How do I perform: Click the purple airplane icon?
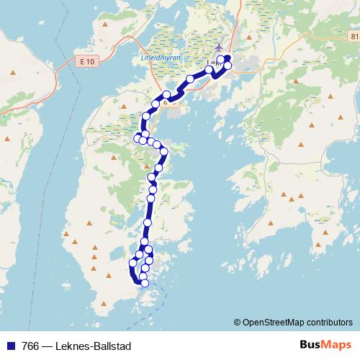219,48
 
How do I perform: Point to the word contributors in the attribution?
330,323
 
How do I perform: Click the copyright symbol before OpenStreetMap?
237,323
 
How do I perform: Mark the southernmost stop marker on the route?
145,283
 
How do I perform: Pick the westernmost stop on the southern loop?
132,264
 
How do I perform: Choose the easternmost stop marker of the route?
228,66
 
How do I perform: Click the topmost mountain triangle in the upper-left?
105,25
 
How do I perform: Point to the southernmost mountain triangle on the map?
108,273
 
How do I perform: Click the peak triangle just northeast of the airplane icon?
238,29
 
